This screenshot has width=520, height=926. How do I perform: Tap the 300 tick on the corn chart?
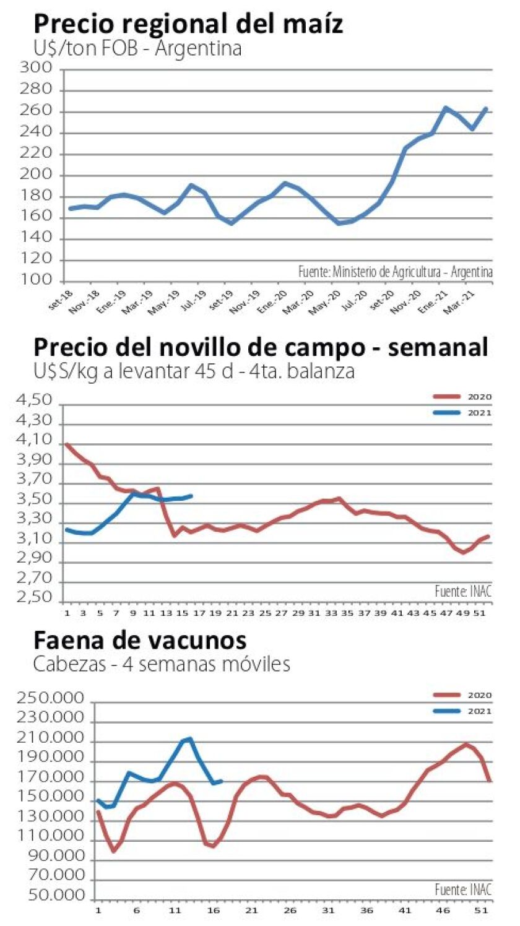(39, 69)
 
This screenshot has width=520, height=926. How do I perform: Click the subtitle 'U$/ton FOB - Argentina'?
(137, 48)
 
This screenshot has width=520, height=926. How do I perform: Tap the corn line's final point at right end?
(486, 108)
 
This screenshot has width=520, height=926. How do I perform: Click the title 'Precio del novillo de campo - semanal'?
(261, 347)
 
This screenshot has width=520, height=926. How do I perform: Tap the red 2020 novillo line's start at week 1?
(67, 444)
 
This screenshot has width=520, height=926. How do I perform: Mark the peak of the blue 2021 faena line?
(189, 738)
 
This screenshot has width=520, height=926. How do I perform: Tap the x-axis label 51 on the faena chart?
(478, 911)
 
